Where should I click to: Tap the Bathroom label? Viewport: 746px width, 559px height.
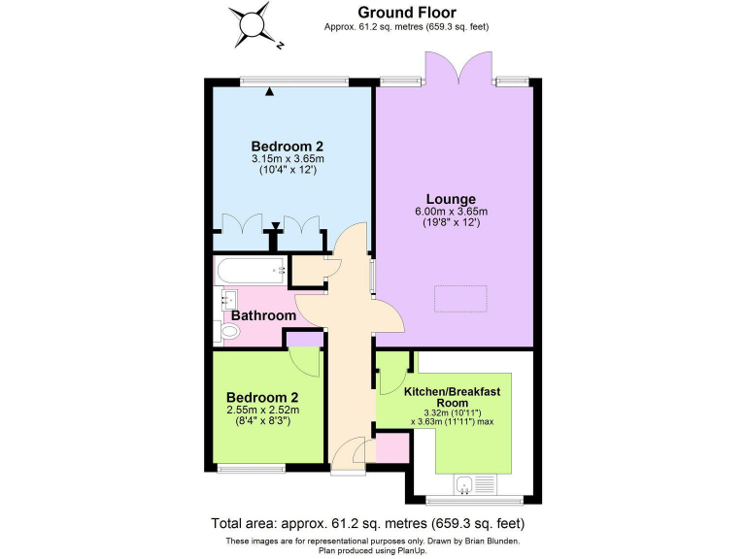click(x=262, y=315)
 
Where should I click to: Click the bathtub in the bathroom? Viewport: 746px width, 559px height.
click(x=251, y=271)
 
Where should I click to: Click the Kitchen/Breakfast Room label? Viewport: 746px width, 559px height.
click(x=453, y=396)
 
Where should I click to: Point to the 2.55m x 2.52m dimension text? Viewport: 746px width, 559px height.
click(x=262, y=411)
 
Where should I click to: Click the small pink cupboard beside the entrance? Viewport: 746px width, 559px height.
click(x=392, y=449)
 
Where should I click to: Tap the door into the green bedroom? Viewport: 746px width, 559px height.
click(x=306, y=362)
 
